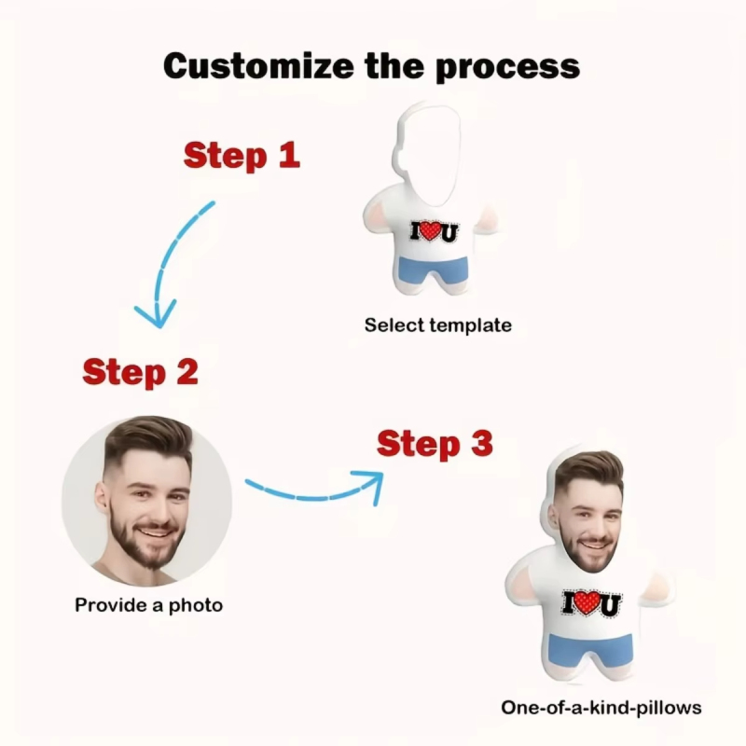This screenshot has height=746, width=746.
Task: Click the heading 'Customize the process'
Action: [x=372, y=67]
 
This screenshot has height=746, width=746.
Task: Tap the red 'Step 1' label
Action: [x=242, y=155]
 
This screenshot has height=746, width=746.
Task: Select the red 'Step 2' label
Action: [x=141, y=372]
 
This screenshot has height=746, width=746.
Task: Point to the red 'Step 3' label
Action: [x=435, y=444]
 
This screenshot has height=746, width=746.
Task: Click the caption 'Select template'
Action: [x=437, y=325]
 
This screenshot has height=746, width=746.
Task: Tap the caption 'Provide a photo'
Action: [x=149, y=605]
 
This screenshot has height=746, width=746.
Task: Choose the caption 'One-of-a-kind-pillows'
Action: [x=601, y=707]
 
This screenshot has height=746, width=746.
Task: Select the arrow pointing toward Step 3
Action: [x=317, y=489]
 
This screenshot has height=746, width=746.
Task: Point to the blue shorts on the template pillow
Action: [x=433, y=270]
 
